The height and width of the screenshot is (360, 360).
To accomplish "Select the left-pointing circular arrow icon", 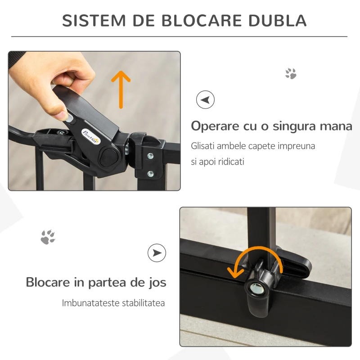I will [x=205, y=99].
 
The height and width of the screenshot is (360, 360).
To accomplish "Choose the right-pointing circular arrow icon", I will [x=157, y=253].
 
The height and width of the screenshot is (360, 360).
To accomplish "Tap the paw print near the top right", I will [x=291, y=73].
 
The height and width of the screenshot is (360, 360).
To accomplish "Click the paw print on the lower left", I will [x=48, y=237].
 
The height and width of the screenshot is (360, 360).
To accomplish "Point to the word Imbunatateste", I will [x=90, y=303].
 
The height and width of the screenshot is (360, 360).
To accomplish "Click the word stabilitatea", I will [x=143, y=303].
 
